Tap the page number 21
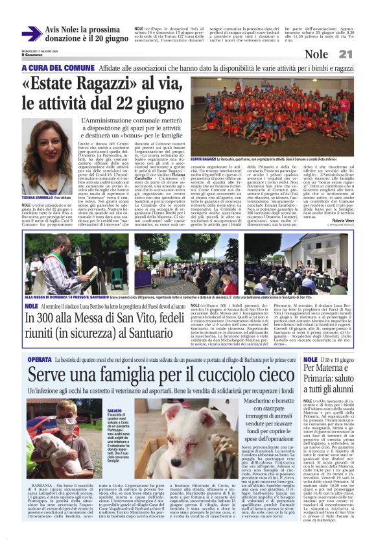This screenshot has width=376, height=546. tap(363, 54)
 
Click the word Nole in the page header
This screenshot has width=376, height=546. tap(335, 55)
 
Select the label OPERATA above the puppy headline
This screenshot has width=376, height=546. tap(40, 359)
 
